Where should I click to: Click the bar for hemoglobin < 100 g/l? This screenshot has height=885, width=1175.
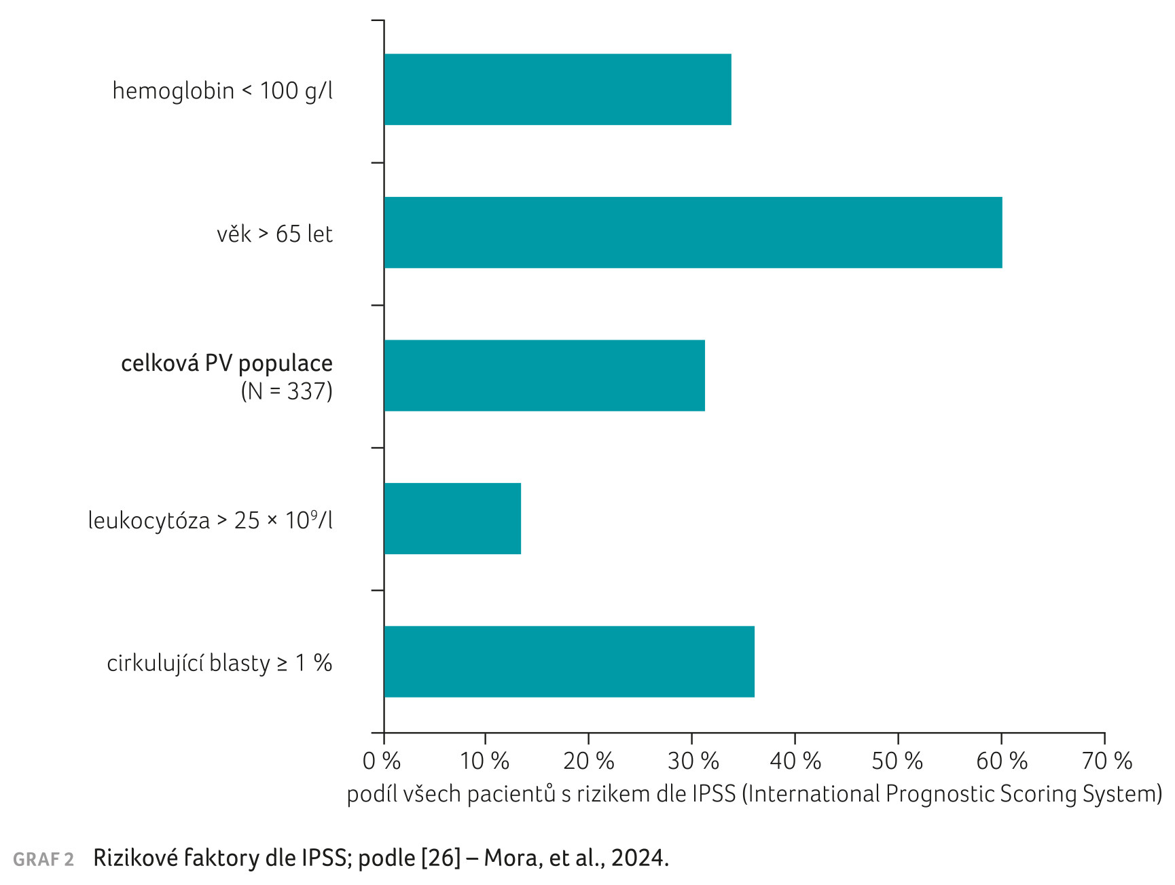(558, 90)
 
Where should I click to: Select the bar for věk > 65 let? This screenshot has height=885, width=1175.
(693, 233)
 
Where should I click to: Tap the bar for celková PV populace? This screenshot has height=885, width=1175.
(544, 376)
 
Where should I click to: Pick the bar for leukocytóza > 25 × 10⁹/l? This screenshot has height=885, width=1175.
(452, 519)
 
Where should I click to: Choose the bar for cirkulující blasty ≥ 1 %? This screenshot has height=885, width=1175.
(569, 662)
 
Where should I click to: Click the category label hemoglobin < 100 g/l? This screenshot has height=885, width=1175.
(223, 91)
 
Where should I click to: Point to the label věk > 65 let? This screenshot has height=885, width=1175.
(274, 234)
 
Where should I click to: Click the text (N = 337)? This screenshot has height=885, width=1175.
(287, 392)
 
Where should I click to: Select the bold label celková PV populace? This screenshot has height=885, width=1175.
(227, 364)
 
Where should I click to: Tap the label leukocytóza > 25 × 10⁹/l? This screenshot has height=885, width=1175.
(211, 521)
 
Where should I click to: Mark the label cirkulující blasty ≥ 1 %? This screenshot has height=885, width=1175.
(219, 664)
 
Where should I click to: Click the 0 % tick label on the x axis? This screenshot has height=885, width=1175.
(382, 761)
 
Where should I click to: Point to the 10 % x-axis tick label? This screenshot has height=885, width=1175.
(484, 761)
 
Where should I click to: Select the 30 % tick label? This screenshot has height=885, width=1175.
(693, 761)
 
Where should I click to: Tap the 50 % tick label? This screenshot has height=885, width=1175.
(897, 761)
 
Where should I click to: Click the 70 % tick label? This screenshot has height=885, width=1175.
(1106, 761)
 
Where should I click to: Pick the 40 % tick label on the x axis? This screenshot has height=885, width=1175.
(795, 761)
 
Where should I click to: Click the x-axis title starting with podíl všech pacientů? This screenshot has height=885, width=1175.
(754, 794)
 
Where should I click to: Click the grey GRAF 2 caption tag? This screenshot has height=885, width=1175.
(43, 860)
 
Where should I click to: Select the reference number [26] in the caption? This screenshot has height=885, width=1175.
(441, 859)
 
